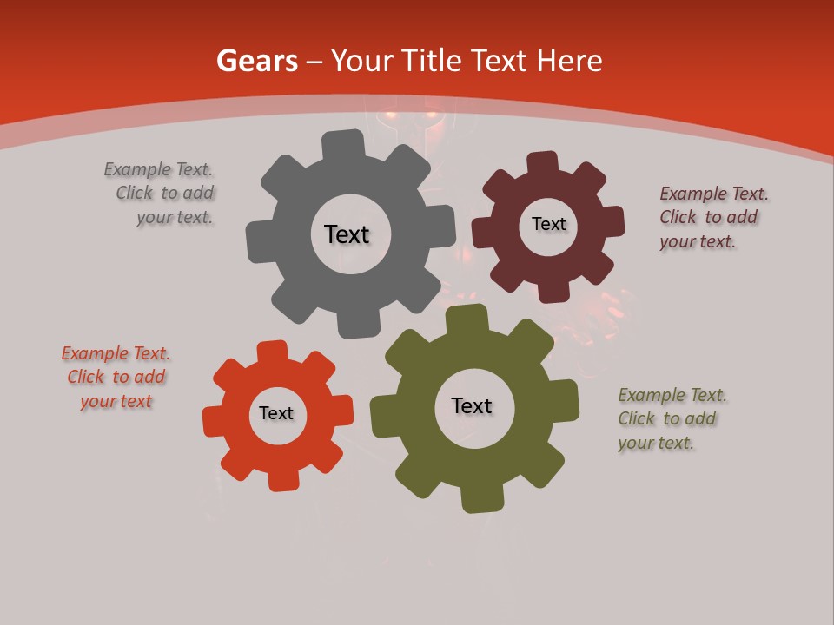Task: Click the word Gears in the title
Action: pyautogui.click(x=256, y=61)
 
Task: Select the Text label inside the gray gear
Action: pyautogui.click(x=347, y=234)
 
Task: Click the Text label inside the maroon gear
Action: pyautogui.click(x=548, y=224)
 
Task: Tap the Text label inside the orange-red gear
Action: pyautogui.click(x=276, y=413)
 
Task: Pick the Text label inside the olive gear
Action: pyautogui.click(x=472, y=405)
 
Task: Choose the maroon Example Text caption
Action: pyautogui.click(x=712, y=217)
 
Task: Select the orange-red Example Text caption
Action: pyautogui.click(x=116, y=378)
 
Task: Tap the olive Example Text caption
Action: pyautogui.click(x=671, y=418)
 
